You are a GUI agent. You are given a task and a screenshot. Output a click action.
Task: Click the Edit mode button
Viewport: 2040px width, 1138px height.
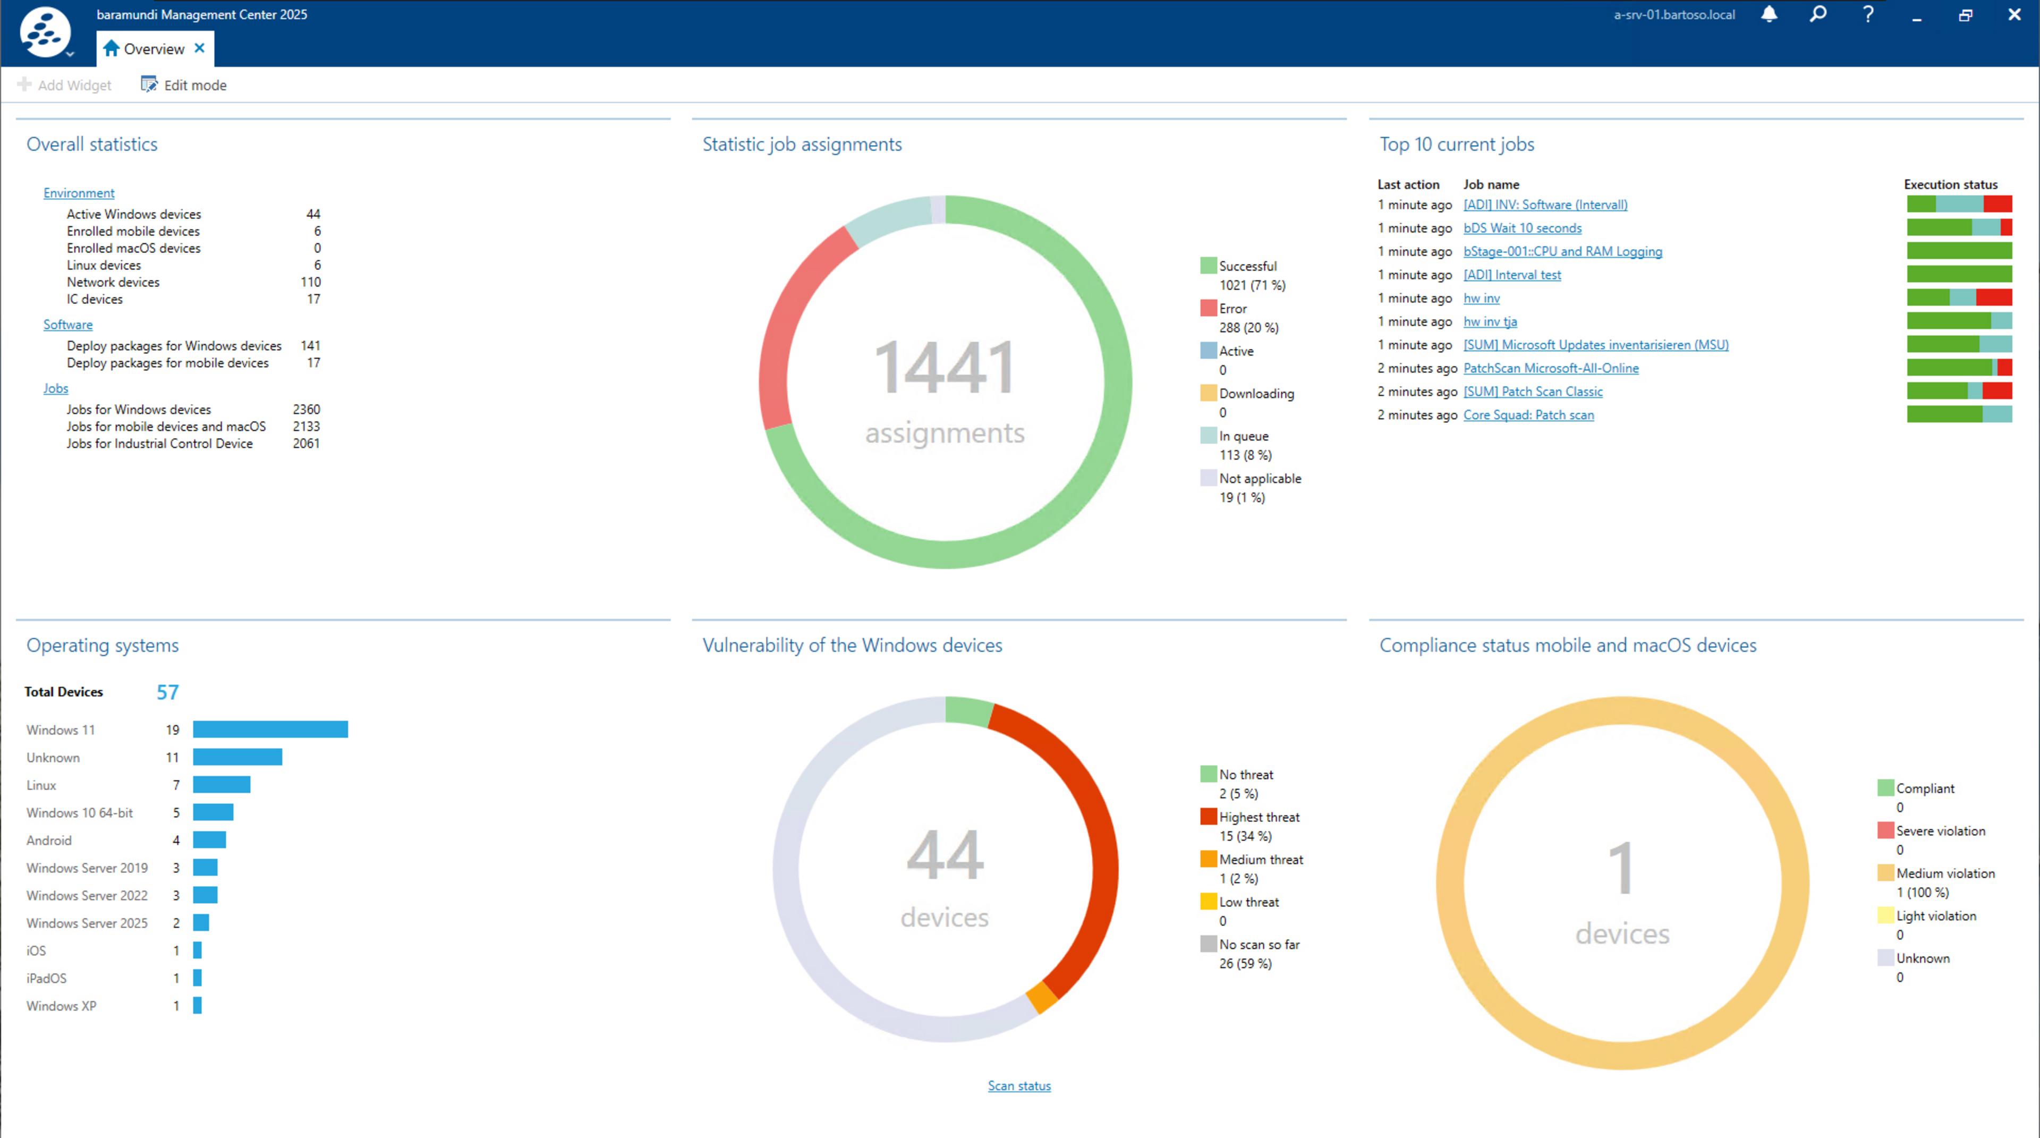(184, 84)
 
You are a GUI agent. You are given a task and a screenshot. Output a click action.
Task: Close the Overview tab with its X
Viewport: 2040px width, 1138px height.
(200, 48)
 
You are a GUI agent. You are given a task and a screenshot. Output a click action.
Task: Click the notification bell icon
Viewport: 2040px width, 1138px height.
(1769, 14)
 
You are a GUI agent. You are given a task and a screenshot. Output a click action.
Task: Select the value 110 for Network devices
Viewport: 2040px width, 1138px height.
(310, 282)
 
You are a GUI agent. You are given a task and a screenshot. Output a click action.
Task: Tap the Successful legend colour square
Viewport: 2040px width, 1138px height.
(1208, 265)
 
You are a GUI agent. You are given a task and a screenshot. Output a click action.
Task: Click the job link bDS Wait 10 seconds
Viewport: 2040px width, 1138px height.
(1522, 228)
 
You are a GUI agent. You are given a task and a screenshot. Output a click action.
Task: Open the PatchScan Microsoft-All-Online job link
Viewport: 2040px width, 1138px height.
(1551, 368)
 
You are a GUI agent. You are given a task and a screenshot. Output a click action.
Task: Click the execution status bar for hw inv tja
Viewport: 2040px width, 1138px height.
(1958, 321)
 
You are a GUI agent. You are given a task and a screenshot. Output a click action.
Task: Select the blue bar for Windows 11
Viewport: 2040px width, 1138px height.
(270, 729)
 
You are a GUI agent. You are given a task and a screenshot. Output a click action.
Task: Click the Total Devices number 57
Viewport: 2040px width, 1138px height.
(167, 692)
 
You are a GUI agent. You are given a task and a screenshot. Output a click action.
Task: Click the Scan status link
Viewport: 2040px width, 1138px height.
(1018, 1086)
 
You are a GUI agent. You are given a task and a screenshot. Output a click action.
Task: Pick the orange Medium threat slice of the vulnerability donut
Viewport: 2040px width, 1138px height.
(1041, 997)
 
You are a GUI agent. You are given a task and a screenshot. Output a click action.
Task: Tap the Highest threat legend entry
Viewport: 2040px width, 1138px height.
(1259, 817)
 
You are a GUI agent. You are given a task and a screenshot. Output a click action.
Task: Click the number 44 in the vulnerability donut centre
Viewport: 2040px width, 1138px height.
(945, 855)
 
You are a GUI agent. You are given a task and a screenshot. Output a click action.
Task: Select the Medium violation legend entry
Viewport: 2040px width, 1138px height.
(1944, 873)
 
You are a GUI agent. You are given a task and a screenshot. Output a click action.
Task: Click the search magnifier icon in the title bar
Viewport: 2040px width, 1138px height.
(1818, 14)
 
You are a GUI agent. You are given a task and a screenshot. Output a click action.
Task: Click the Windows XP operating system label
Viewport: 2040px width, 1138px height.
(61, 1006)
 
